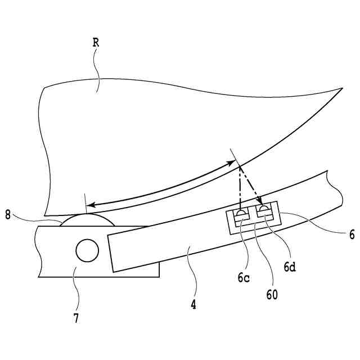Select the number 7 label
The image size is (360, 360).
coord(75,318)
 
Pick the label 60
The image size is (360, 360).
coord(272,293)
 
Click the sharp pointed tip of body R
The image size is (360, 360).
coord(342,88)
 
